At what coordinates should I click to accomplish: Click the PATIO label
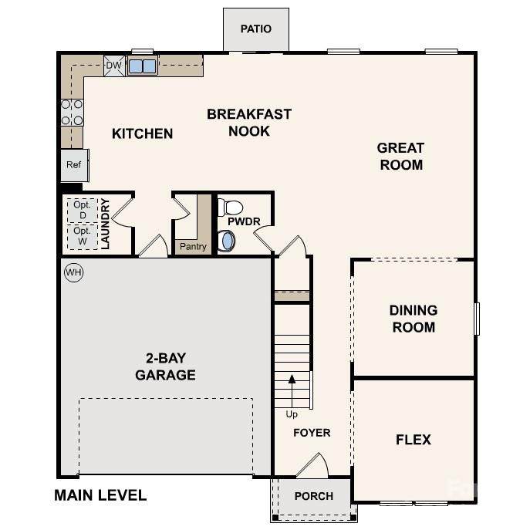[256, 29]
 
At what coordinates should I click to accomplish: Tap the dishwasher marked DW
[114, 66]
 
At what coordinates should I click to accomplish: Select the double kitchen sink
[142, 66]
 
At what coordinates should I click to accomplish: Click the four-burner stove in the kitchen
[72, 112]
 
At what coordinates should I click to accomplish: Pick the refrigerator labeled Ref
[75, 165]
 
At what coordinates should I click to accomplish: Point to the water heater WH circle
[74, 272]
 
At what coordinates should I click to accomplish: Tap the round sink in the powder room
[226, 241]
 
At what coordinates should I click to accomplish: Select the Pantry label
[193, 246]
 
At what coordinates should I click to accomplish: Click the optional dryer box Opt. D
[83, 211]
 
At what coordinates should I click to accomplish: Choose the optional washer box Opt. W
[83, 236]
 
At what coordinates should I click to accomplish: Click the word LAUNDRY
[105, 224]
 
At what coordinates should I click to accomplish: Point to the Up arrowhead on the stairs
[292, 379]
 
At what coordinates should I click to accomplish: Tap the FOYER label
[312, 433]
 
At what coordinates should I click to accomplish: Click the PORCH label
[314, 496]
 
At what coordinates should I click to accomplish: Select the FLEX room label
[414, 440]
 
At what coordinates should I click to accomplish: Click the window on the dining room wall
[477, 319]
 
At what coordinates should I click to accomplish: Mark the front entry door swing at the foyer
[313, 466]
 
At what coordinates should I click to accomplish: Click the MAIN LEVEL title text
[100, 495]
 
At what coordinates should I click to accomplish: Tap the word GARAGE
[165, 375]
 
